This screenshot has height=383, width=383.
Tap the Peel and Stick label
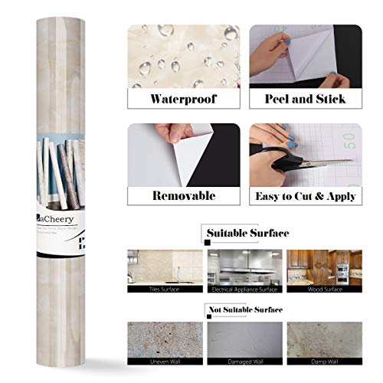coord(304,99)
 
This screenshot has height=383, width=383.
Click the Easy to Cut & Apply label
coord(304,196)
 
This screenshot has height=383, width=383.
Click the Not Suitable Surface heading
coord(245,310)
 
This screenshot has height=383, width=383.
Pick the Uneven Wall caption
coord(158,368)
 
